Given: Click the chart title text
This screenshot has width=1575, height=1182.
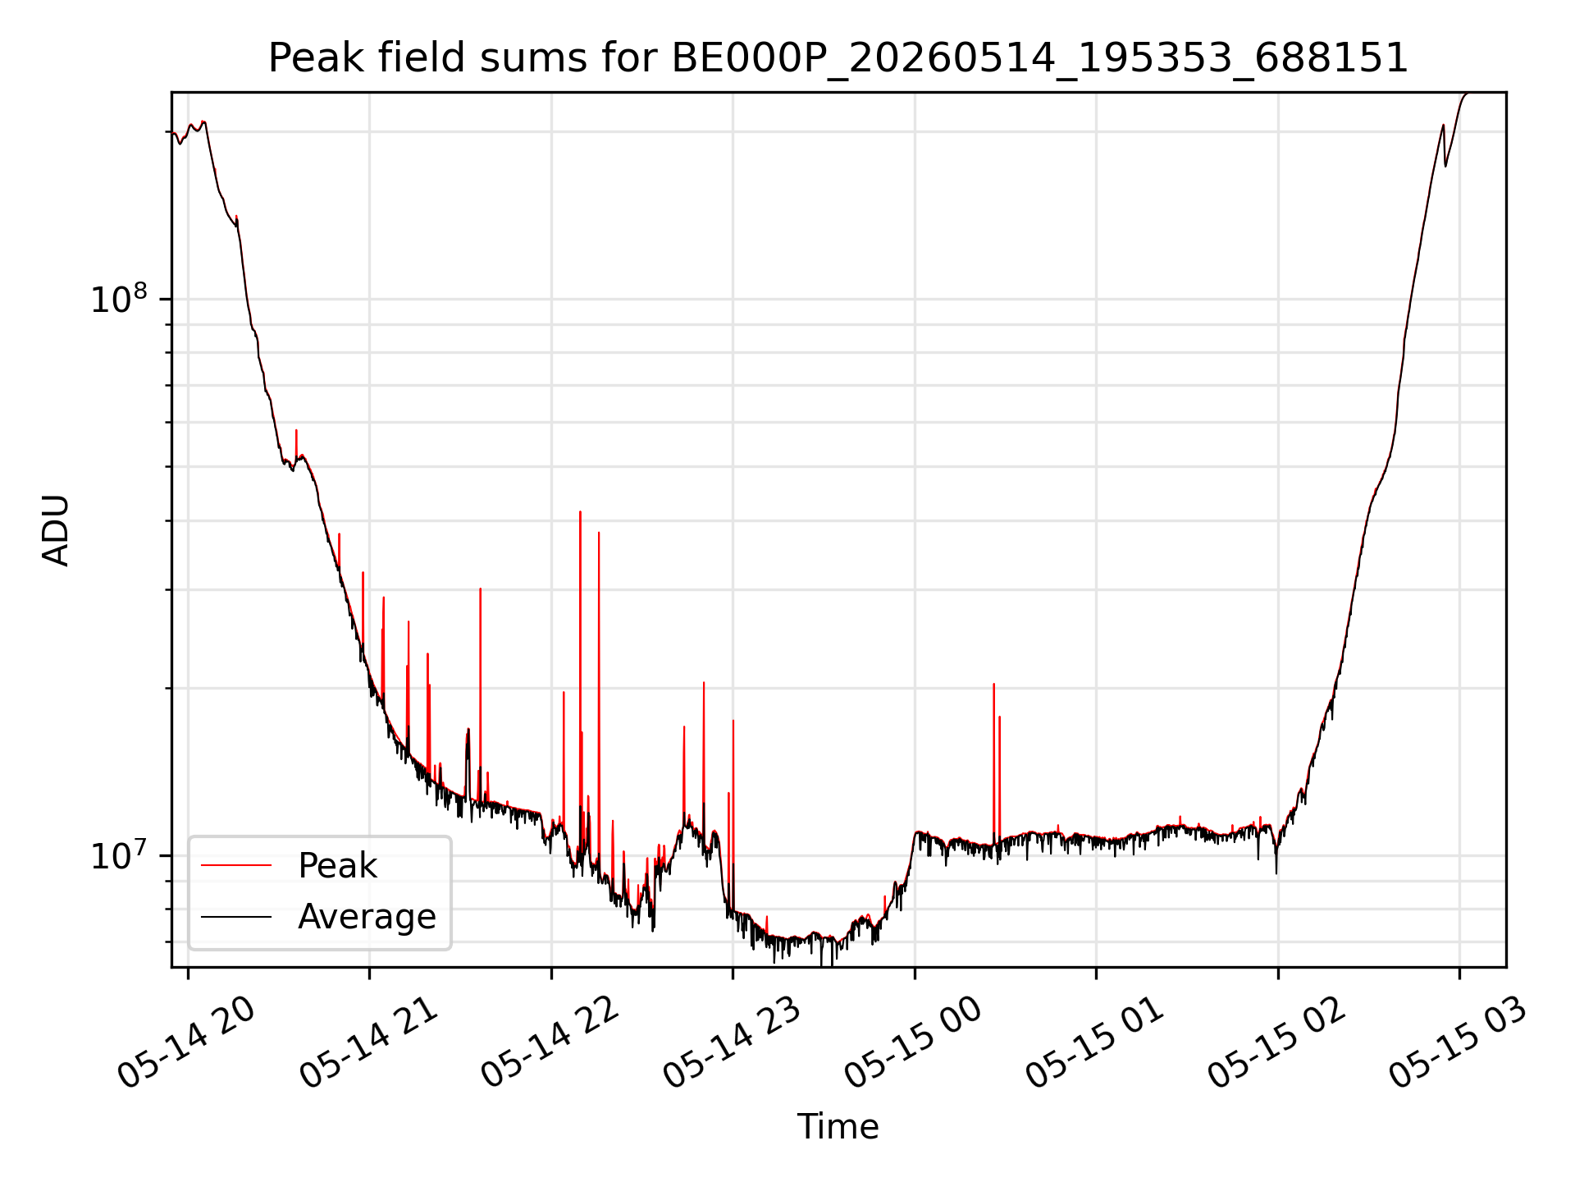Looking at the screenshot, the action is [x=838, y=58].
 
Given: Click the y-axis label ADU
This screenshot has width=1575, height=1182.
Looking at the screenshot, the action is [x=56, y=529].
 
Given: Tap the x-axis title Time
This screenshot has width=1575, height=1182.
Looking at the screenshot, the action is [x=838, y=1127].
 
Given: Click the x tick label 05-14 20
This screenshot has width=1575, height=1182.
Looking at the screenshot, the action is [x=188, y=1042].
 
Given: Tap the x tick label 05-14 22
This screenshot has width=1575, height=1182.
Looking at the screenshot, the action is [x=551, y=1042].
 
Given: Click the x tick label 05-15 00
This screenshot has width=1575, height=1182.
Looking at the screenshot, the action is [x=915, y=1042].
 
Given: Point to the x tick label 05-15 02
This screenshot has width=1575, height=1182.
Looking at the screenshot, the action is [x=1278, y=1042].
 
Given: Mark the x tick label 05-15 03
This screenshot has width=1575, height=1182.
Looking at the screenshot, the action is [x=1459, y=1042].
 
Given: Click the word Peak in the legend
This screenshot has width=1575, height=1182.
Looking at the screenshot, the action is [x=337, y=866].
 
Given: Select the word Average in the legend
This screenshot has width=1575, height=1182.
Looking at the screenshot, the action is [x=367, y=917].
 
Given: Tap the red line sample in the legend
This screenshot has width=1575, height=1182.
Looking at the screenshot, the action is [x=236, y=865].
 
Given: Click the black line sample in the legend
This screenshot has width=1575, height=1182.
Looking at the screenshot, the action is [x=236, y=916].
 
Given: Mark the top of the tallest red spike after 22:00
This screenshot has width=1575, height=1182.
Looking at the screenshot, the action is [x=580, y=511].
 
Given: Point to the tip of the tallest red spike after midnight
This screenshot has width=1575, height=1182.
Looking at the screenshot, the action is [x=993, y=684].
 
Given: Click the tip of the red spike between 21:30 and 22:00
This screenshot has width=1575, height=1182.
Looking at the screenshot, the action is [x=481, y=589].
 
